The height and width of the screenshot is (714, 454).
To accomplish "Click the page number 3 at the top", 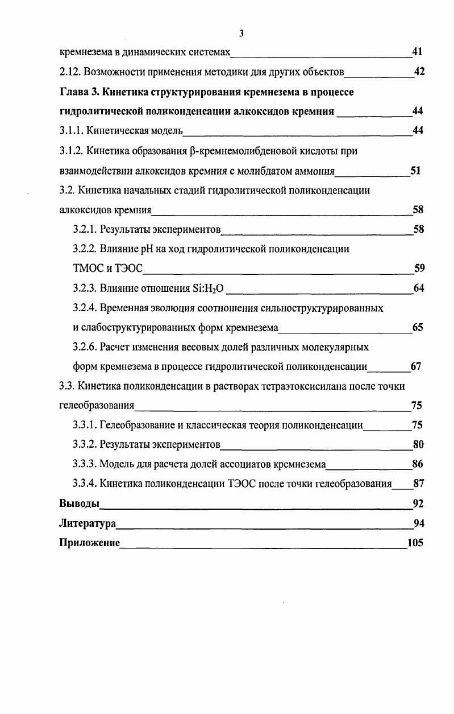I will (241, 34).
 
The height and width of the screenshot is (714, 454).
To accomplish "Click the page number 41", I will (417, 52).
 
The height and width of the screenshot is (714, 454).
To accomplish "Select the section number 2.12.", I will (71, 72).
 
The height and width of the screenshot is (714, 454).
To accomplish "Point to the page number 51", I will (415, 170).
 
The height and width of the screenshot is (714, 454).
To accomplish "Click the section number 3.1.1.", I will (72, 131).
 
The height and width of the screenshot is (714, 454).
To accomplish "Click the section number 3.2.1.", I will (85, 229).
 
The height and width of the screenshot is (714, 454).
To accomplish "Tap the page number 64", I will (419, 288).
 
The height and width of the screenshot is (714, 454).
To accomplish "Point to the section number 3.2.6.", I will (85, 347).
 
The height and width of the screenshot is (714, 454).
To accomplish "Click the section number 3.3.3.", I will (85, 464).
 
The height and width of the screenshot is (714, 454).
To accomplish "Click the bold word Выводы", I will (80, 503).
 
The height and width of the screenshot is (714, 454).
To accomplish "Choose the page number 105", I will (415, 543).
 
